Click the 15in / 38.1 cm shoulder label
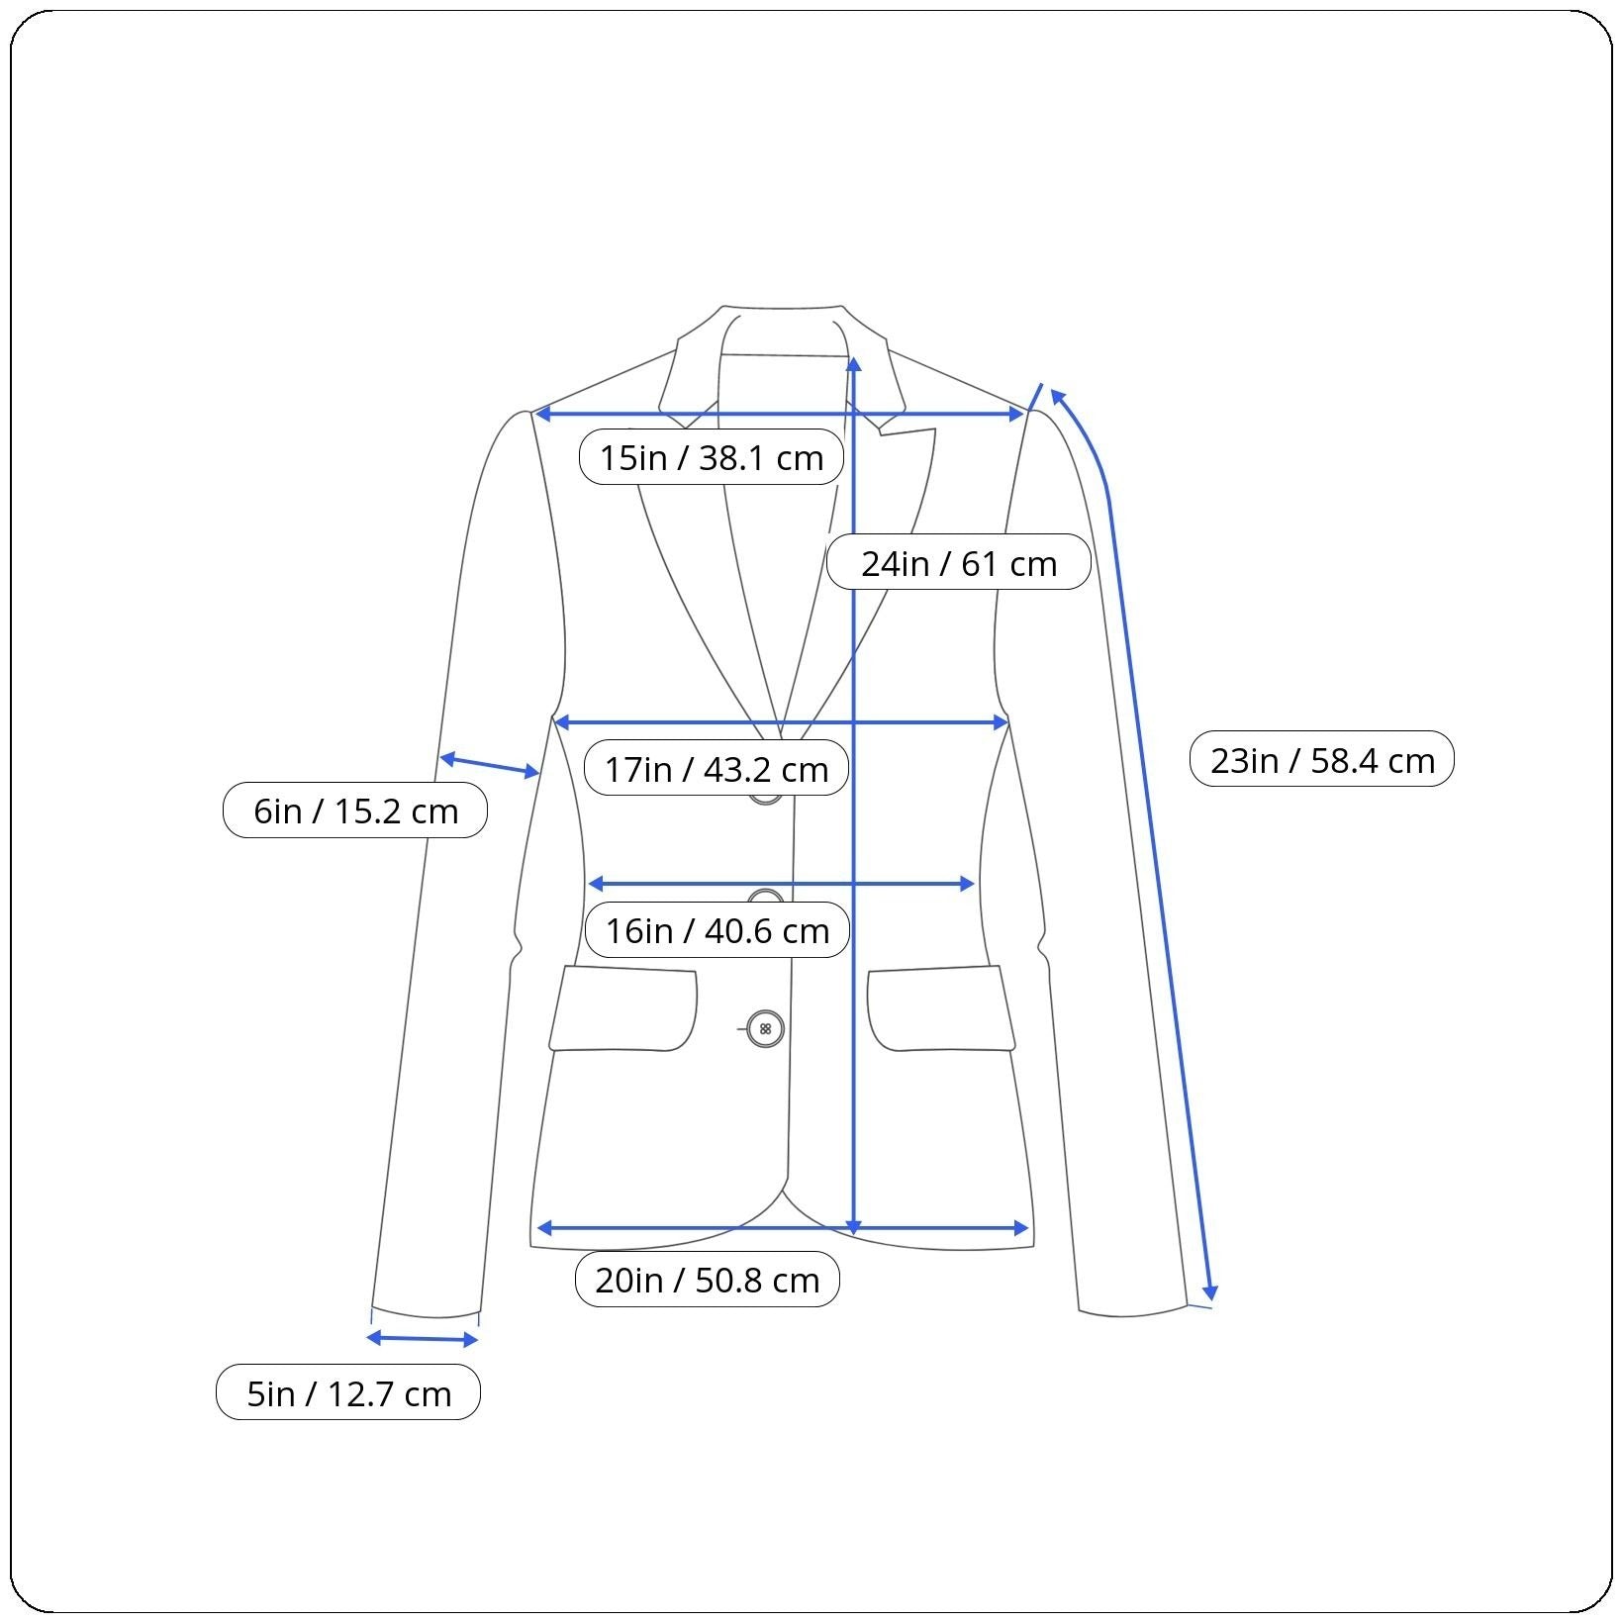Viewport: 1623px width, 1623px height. pyautogui.click(x=711, y=457)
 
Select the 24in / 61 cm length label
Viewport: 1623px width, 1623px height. pyautogui.click(x=958, y=562)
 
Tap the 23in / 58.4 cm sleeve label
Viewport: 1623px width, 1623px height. pyautogui.click(x=1321, y=759)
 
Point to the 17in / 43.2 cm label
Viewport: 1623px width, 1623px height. pyautogui.click(x=716, y=768)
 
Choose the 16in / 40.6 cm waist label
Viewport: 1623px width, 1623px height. pyautogui.click(x=716, y=930)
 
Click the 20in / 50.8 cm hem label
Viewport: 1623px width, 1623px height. pyautogui.click(x=707, y=1280)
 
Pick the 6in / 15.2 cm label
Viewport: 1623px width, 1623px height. pyautogui.click(x=354, y=811)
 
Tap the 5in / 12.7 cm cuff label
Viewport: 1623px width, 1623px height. pyautogui.click(x=347, y=1392)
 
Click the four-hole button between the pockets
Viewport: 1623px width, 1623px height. pyautogui.click(x=765, y=1029)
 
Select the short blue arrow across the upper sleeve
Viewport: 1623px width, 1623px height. pyautogui.click(x=490, y=765)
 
